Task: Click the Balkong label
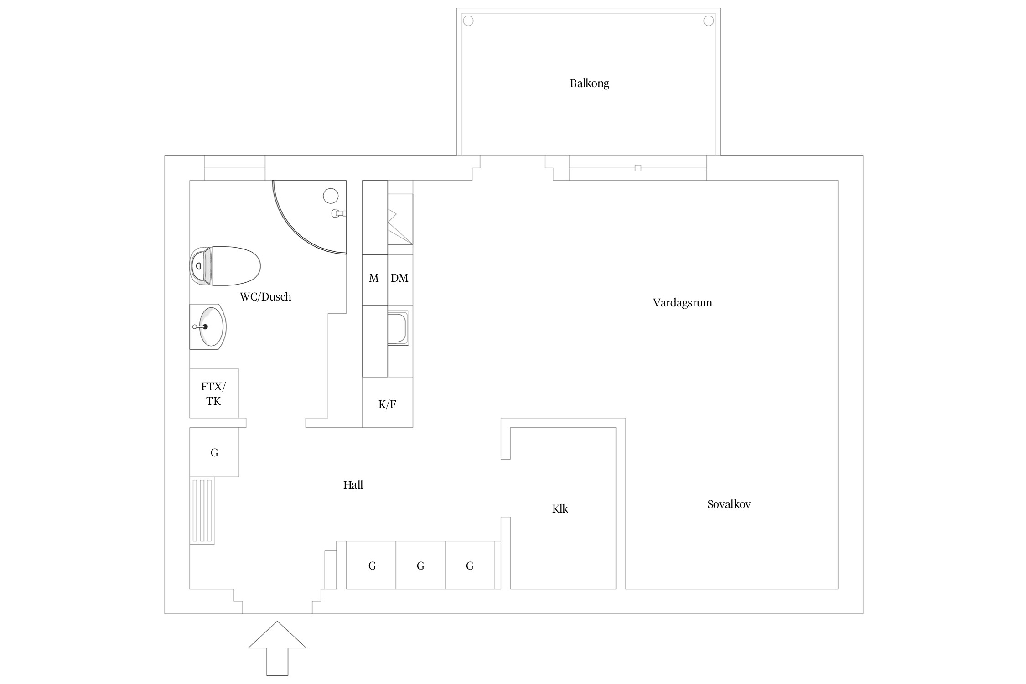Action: [x=589, y=83]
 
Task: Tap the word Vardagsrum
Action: [x=682, y=303]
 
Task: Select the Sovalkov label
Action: [x=729, y=504]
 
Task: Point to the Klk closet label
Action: [x=560, y=508]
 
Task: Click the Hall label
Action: [x=353, y=485]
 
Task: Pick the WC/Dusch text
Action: [x=265, y=297]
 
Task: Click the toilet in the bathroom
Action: [x=225, y=266]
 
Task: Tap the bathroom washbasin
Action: [x=208, y=326]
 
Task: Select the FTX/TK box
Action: [x=214, y=393]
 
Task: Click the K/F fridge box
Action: [x=388, y=402]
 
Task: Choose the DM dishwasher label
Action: [x=399, y=278]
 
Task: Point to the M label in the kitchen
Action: [x=374, y=278]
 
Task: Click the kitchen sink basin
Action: [x=398, y=327]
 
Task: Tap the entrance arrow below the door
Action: [x=277, y=648]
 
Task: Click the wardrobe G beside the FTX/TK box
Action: [x=214, y=452]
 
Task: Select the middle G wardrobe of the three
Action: [x=420, y=565]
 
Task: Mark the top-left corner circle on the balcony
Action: [x=468, y=21]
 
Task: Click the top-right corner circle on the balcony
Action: [x=709, y=21]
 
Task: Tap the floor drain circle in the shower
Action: [x=331, y=196]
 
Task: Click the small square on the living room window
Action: [x=638, y=168]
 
